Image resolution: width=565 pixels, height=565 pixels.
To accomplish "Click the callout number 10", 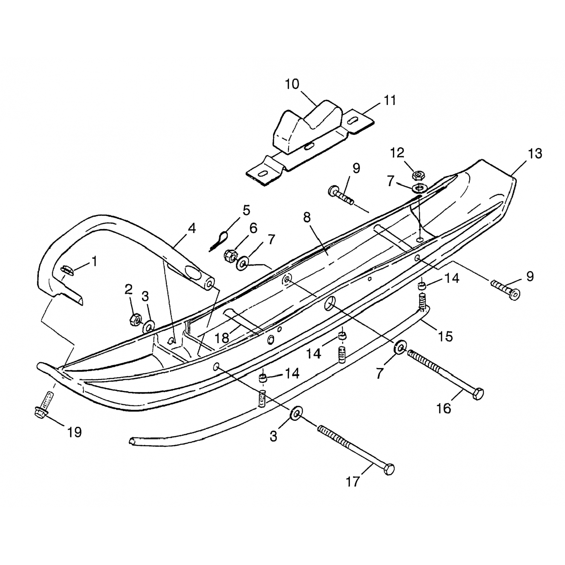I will click(292, 84).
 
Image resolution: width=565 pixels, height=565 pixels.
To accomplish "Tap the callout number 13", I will click(534, 154).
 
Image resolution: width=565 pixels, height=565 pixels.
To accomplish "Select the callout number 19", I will click(74, 432).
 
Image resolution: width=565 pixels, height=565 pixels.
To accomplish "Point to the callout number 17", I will click(353, 482).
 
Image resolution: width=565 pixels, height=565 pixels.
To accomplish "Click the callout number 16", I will click(444, 408).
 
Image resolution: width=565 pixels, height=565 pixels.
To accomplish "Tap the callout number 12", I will click(397, 153).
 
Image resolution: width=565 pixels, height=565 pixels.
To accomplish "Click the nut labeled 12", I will click(417, 175).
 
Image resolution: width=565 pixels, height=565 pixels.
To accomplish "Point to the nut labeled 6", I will click(230, 256).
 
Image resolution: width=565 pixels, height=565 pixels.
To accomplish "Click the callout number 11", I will click(390, 101).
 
